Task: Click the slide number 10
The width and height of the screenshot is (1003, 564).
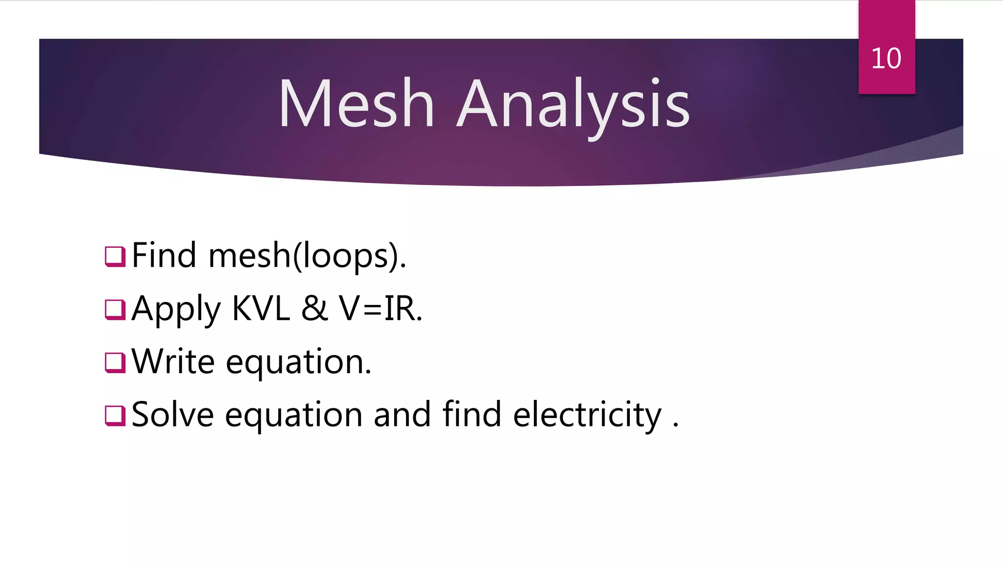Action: (886, 58)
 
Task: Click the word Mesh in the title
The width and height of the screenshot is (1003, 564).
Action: (356, 104)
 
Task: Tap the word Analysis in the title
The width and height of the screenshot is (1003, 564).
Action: (573, 105)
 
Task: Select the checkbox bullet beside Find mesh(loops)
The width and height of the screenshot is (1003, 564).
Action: (115, 256)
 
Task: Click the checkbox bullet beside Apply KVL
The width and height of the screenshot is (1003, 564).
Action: (115, 309)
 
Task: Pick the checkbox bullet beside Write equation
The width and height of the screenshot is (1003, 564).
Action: (115, 362)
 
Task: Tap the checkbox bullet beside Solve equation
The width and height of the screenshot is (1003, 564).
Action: (115, 415)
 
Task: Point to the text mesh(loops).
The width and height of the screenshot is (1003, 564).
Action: (307, 256)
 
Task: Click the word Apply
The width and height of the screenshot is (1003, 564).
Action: (176, 309)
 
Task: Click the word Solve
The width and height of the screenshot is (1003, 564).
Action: (173, 415)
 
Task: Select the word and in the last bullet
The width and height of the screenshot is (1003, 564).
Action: (402, 415)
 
